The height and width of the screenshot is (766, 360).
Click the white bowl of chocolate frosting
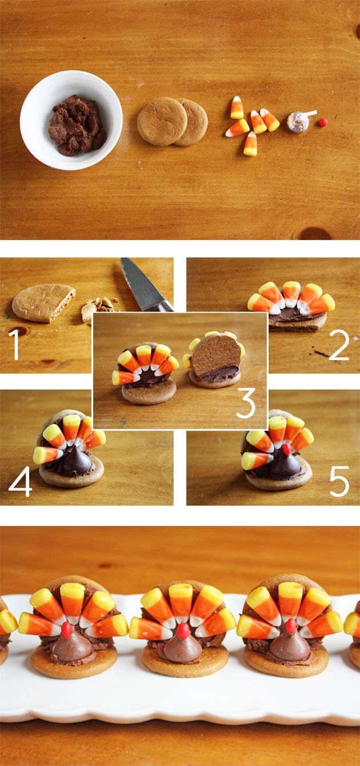tap(71, 120)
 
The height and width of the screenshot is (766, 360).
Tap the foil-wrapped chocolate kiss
tap(298, 122)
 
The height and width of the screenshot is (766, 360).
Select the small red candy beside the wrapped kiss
tap(323, 122)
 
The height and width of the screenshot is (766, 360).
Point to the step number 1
tap(15, 344)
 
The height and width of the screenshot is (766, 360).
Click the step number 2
tap(339, 345)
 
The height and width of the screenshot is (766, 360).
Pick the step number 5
tap(339, 481)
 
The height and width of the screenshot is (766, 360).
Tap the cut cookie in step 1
tap(43, 303)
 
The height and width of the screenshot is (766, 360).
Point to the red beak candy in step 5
tap(286, 449)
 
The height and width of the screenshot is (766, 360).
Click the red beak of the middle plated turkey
tap(183, 629)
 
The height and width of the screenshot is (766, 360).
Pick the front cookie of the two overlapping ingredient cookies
tap(162, 121)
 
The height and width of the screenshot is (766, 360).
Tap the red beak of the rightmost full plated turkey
tap(291, 625)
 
